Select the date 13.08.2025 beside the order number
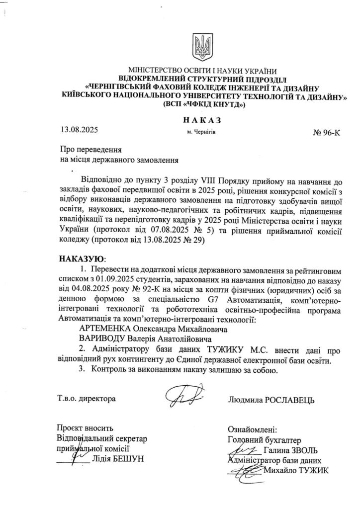(x=79, y=131)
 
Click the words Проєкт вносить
(x=86, y=428)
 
